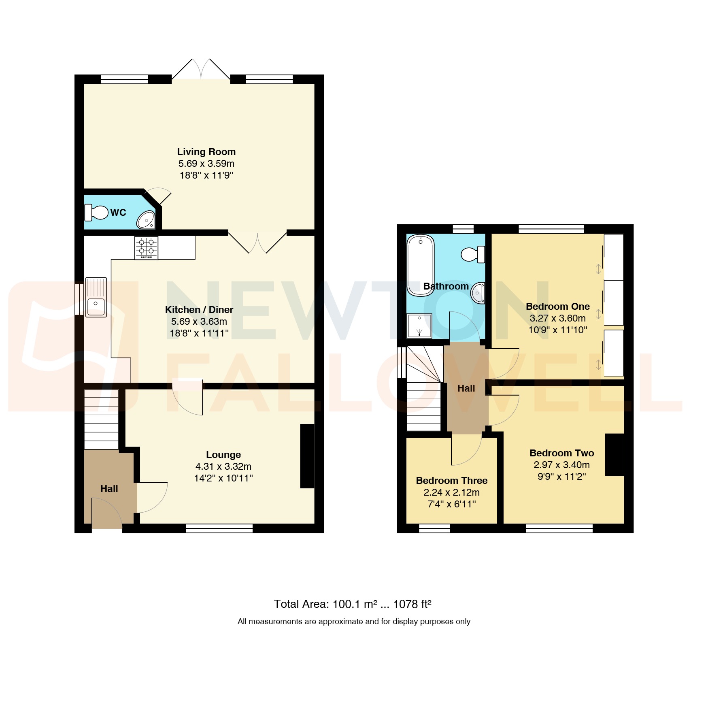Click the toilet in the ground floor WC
(x=96, y=212)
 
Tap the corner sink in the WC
(x=146, y=220)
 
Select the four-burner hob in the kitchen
(x=146, y=247)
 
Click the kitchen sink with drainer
(x=96, y=297)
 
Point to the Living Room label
(x=206, y=152)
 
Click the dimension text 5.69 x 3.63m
(x=199, y=322)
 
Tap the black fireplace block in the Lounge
(x=307, y=456)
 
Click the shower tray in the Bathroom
(x=419, y=326)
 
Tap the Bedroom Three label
(x=451, y=481)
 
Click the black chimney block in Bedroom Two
(x=614, y=454)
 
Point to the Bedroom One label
(x=557, y=307)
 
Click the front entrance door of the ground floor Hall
(x=107, y=514)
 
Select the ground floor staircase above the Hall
(x=101, y=420)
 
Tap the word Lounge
(x=223, y=455)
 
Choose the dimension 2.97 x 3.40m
(x=561, y=465)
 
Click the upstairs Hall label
(x=466, y=388)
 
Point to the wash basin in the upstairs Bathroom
(x=478, y=293)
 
